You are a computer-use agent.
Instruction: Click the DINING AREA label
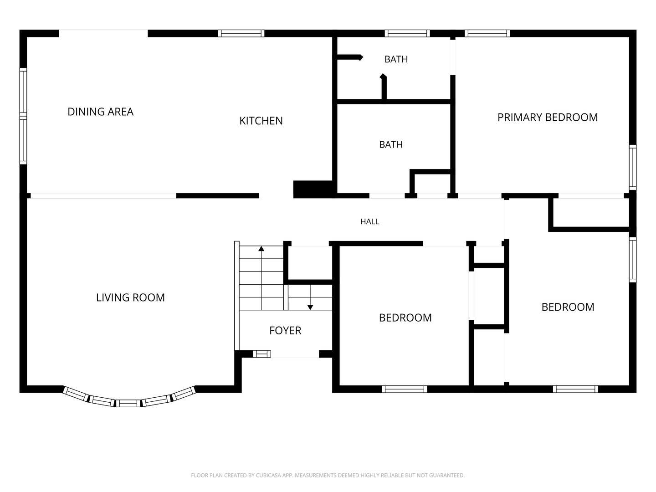tap(100, 112)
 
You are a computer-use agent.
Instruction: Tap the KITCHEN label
tap(261, 121)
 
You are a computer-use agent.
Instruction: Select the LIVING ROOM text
tap(130, 297)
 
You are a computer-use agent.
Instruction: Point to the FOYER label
tap(285, 330)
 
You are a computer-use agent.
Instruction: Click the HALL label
tap(370, 221)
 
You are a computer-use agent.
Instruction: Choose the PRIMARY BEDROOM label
tap(548, 118)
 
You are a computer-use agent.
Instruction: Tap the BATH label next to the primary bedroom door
tap(396, 59)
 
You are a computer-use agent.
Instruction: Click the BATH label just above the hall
tap(390, 144)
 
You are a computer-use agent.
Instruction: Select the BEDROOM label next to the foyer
tap(405, 318)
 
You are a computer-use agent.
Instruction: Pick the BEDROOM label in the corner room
tap(568, 307)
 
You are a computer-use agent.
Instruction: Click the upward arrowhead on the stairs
tap(261, 249)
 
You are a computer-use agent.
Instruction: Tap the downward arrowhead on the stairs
tap(310, 307)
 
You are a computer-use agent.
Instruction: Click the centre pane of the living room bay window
tap(128, 403)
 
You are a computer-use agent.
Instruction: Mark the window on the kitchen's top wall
tap(241, 33)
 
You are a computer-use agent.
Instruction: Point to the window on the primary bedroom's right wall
tap(633, 167)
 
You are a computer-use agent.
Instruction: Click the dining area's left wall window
tap(23, 116)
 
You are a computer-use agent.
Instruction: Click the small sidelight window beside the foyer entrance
tap(262, 354)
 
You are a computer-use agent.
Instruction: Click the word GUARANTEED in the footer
tap(447, 475)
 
